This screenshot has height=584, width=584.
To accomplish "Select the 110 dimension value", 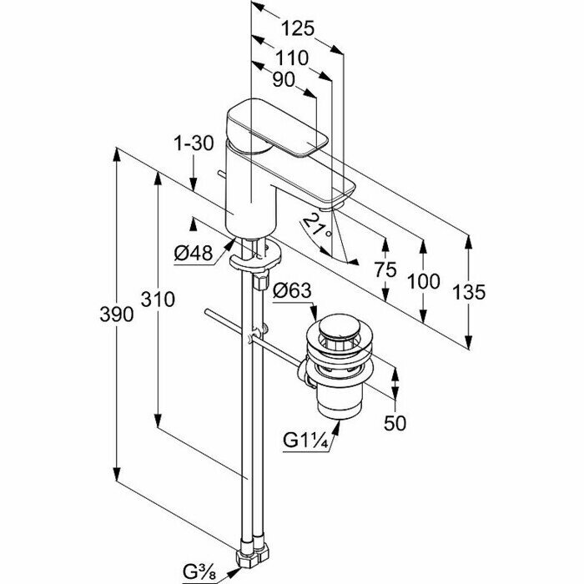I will [291, 58].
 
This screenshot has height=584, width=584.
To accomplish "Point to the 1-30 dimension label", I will [195, 143].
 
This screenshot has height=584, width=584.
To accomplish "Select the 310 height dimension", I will [158, 299].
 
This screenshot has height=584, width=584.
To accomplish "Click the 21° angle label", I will [316, 224].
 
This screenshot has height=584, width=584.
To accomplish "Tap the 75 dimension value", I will [385, 270].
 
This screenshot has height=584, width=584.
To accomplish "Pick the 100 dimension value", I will [424, 281].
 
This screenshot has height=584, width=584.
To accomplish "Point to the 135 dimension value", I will [469, 292].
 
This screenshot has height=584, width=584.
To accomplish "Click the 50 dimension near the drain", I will [395, 422].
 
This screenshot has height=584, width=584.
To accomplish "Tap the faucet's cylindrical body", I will [249, 192].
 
